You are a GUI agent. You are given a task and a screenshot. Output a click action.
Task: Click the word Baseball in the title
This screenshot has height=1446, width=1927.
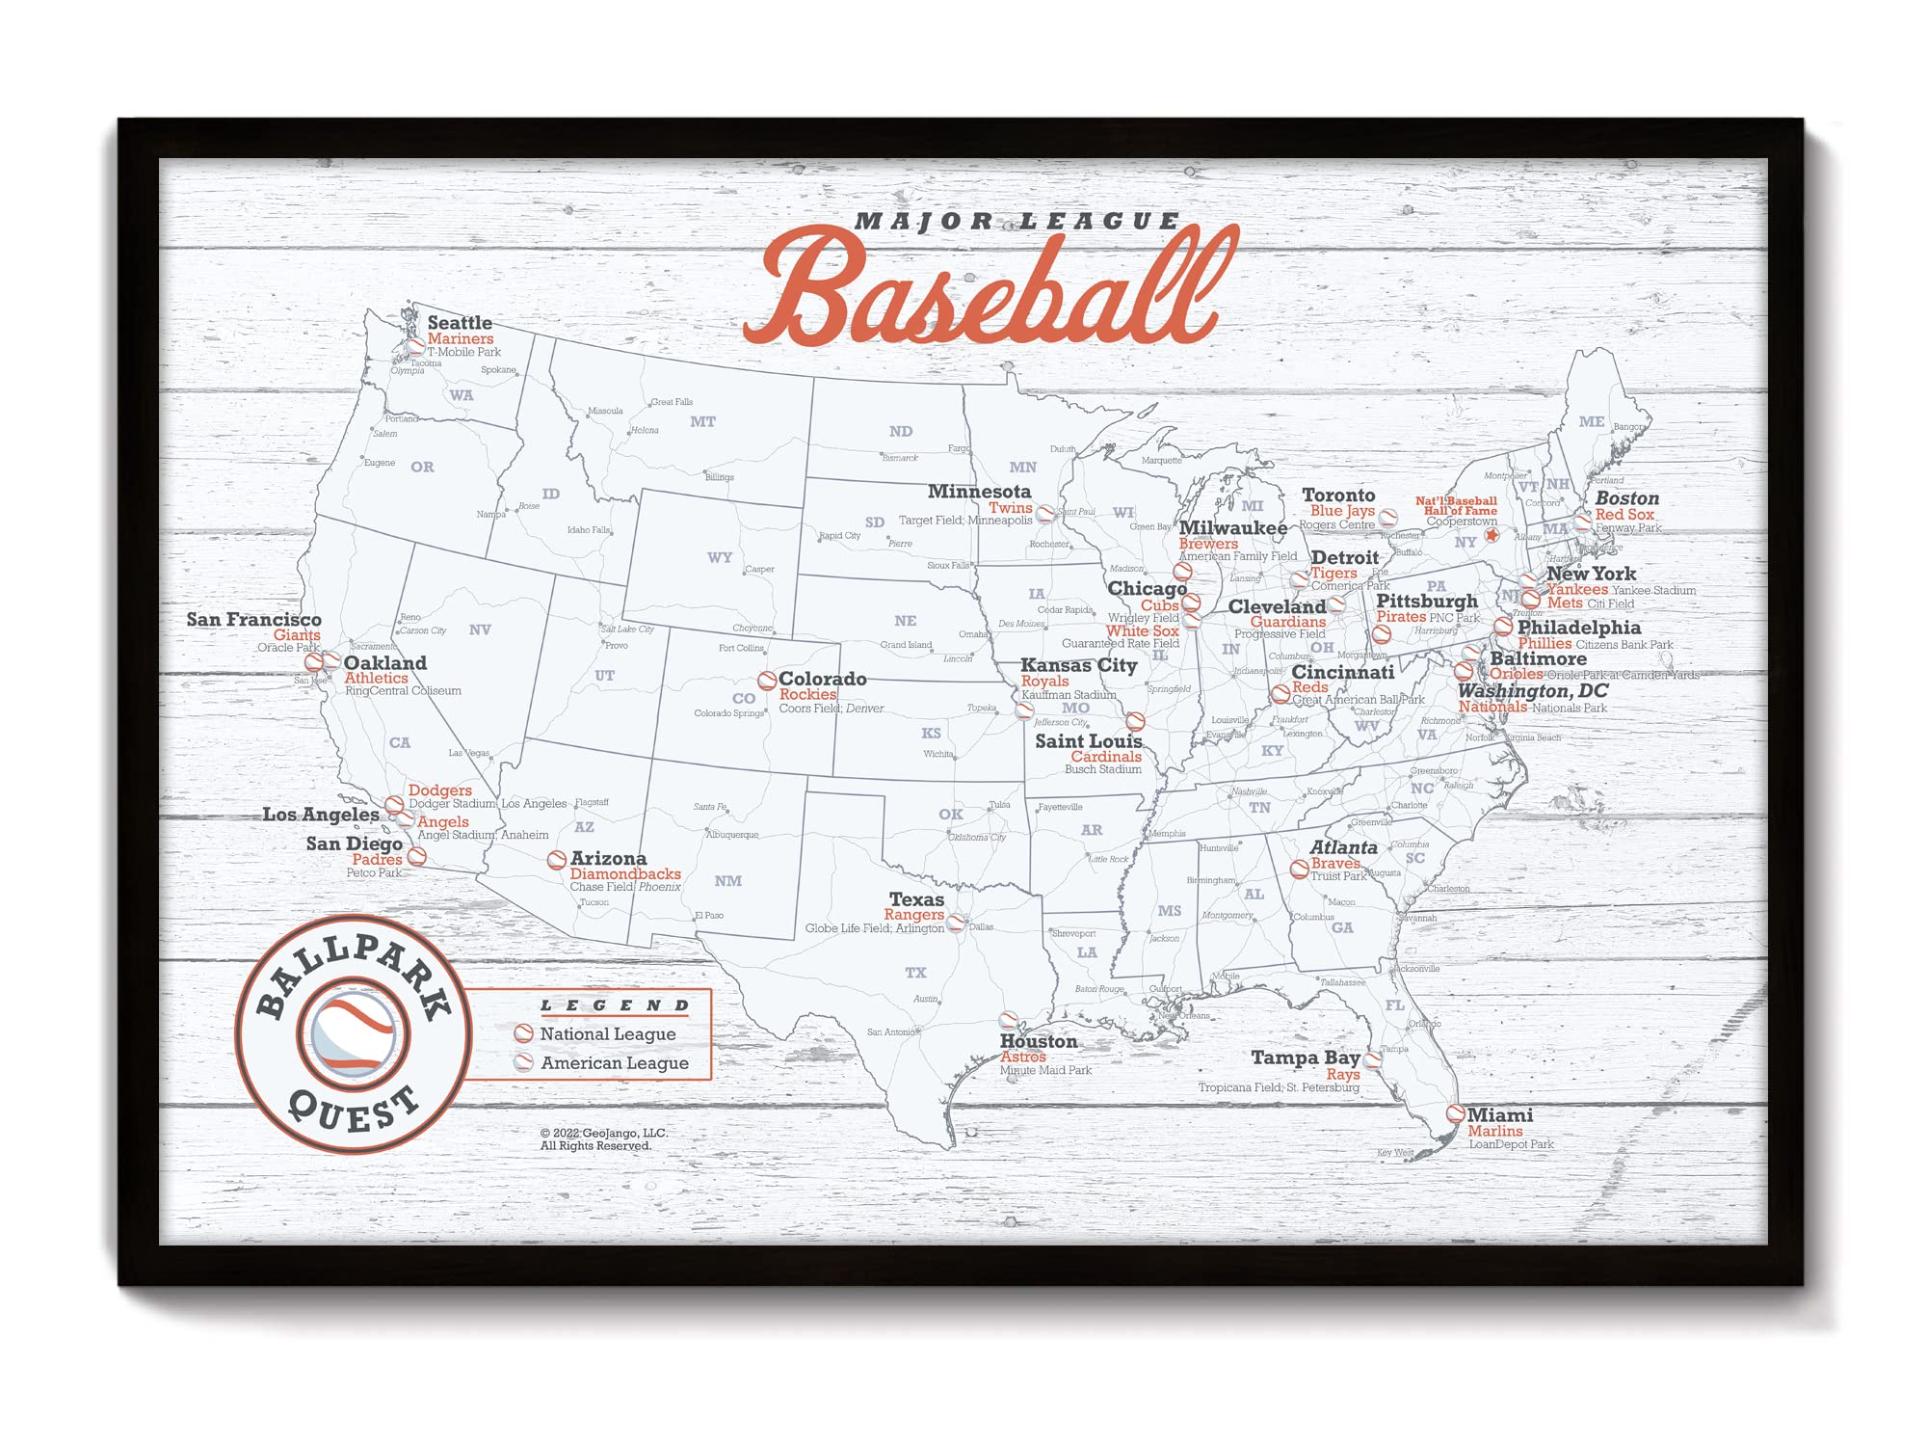[988, 289]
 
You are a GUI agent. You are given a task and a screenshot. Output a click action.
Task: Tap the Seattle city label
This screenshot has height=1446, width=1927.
[460, 323]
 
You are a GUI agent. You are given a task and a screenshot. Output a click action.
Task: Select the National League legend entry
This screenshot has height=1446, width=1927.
[607, 1034]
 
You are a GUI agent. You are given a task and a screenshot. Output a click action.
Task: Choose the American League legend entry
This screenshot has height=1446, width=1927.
[614, 1063]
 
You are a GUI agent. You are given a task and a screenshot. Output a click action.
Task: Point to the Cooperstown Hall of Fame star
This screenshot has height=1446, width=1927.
[1491, 535]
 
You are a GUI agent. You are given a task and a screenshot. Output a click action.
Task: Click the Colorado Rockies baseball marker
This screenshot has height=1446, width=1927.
[767, 681]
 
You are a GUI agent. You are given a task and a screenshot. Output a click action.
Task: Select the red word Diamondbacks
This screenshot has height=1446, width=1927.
[625, 874]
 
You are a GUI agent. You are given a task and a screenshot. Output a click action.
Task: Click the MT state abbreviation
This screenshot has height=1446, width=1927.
[702, 422]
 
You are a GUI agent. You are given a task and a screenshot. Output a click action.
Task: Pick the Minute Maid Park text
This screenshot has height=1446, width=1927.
[1045, 1070]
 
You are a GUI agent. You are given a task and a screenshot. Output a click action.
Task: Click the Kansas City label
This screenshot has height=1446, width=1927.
[1078, 665]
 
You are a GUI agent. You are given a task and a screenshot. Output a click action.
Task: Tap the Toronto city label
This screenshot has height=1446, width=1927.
[1338, 495]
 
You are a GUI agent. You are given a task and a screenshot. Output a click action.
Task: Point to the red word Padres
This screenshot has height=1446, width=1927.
[377, 859]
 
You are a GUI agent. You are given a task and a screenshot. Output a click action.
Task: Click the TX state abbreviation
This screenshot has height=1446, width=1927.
[915, 973]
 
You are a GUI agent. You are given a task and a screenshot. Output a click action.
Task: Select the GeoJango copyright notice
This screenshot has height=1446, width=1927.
[603, 1139]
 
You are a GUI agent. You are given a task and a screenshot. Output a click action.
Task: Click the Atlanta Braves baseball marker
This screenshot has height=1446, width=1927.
[1299, 869]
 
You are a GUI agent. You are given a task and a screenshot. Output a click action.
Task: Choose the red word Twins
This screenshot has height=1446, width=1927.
[1010, 508]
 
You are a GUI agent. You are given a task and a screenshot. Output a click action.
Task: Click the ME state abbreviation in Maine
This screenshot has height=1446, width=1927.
[1591, 421]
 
